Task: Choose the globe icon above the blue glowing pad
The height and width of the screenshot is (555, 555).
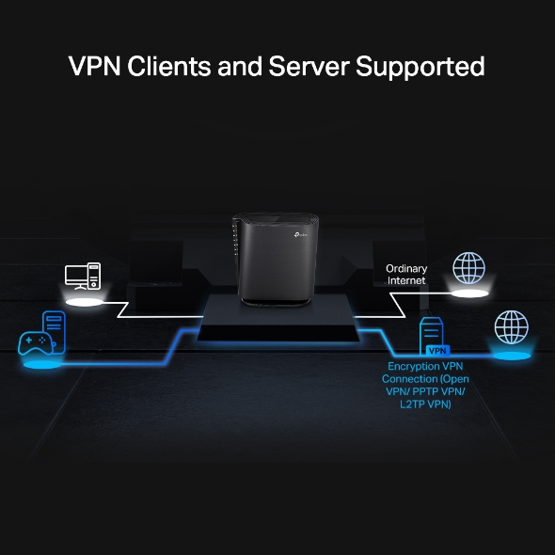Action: [x=512, y=328]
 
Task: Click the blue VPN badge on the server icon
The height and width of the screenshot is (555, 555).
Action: [x=436, y=350]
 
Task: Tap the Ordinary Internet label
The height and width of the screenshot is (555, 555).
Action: [x=406, y=275]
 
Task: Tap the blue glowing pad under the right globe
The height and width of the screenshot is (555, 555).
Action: [x=512, y=356]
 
